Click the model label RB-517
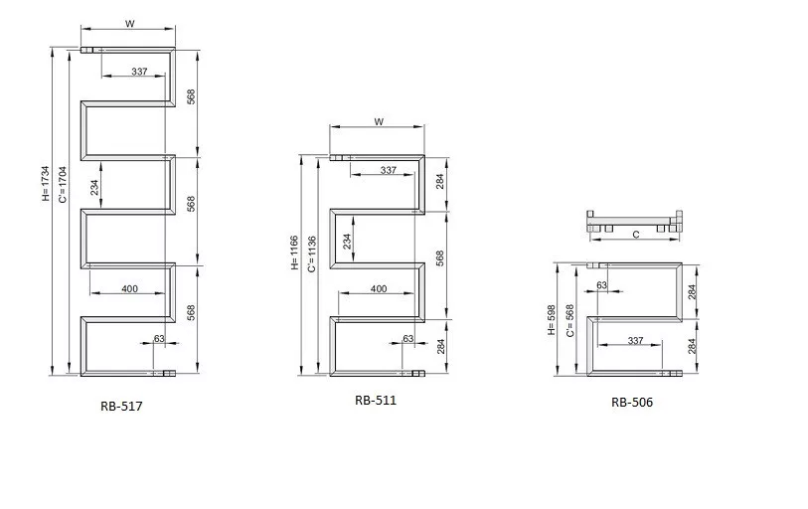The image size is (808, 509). point(121,406)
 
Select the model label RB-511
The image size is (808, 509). point(376,401)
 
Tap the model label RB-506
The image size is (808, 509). point(632,403)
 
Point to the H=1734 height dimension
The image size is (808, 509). point(46,184)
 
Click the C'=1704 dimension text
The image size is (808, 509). point(63,185)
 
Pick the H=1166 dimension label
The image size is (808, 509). point(294,253)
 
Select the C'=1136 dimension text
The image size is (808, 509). point(311,254)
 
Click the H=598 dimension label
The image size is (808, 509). point(552,320)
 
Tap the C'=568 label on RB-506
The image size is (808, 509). point(569,321)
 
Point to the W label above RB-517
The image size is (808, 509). point(130,24)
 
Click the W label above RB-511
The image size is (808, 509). point(379,122)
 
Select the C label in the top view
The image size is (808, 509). point(636,235)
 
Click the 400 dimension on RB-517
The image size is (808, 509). point(129,288)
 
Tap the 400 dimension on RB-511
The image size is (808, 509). point(379,288)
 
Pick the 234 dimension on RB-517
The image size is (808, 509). point(94,188)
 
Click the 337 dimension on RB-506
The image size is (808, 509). point(635,341)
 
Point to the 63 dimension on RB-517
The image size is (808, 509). point(159,339)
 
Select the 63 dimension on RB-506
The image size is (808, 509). point(602,285)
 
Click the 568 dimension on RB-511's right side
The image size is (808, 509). point(439,258)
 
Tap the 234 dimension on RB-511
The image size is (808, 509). point(347,242)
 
